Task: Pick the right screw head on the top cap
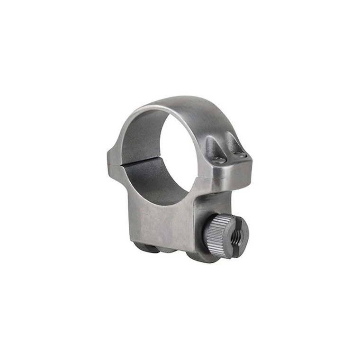[240, 154]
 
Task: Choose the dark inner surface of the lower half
[161, 182]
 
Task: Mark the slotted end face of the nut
[237, 237]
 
